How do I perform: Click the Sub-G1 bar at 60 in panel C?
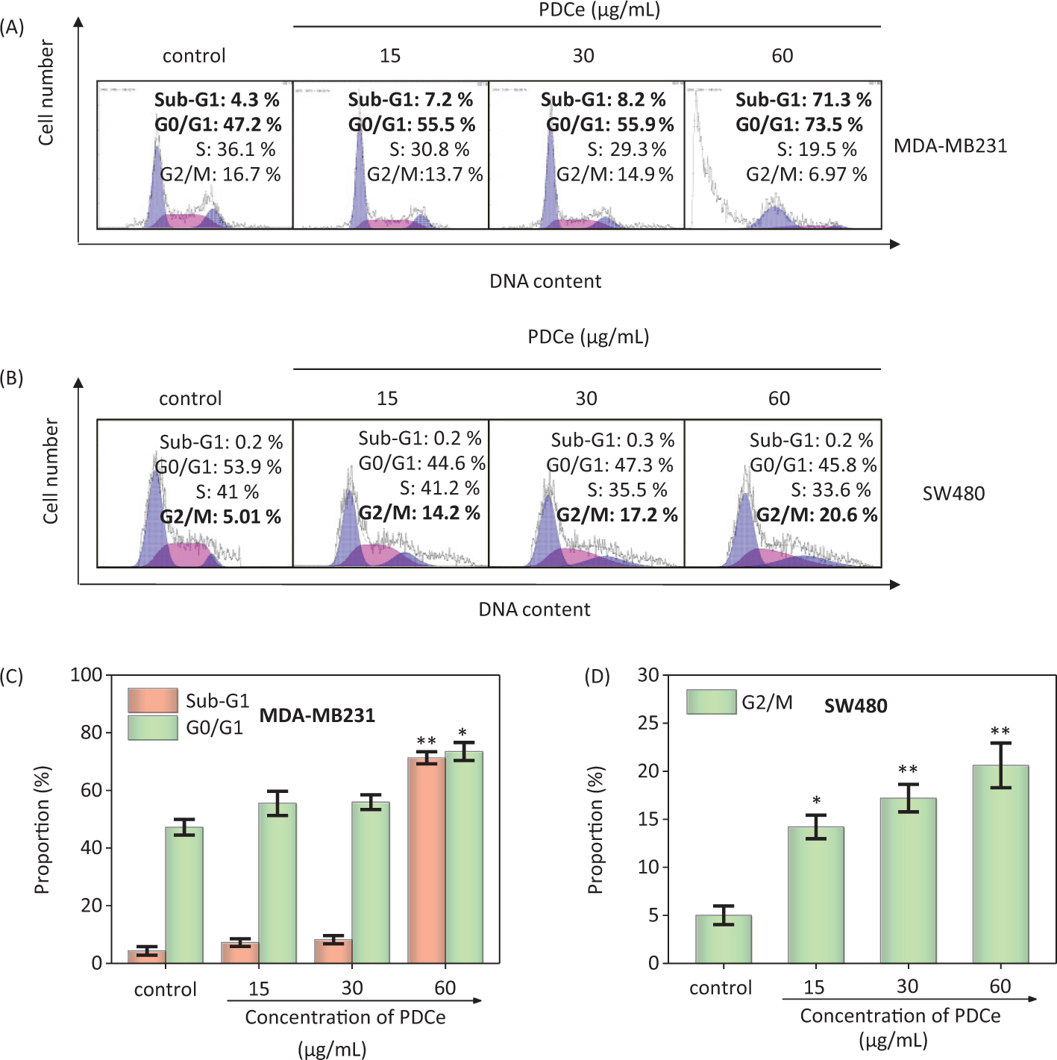pos(427,860)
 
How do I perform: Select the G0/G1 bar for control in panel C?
pos(184,895)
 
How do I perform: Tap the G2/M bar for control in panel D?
pos(723,939)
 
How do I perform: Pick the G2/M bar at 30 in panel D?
pos(908,880)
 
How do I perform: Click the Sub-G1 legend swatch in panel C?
pos(153,700)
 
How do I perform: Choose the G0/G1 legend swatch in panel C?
pos(153,727)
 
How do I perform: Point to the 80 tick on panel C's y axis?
pos(91,733)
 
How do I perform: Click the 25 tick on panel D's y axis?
pos(648,723)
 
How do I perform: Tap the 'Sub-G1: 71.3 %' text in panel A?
pos(803,100)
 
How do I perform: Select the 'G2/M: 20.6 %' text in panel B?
pos(817,515)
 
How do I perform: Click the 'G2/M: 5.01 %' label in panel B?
pos(221,517)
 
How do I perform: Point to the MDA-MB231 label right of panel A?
pos(950,145)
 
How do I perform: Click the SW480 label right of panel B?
pos(953,494)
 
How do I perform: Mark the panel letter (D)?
pos(597,677)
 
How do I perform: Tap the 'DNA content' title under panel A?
pos(545,281)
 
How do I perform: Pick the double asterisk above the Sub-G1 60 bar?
pos(427,741)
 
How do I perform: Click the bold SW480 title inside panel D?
pos(856,706)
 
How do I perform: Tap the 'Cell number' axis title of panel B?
pos(50,471)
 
